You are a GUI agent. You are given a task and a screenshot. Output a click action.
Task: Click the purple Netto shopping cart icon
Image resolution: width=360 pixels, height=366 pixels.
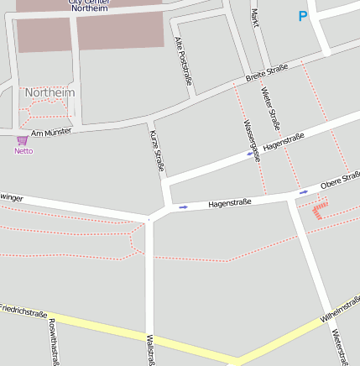(x=22, y=140)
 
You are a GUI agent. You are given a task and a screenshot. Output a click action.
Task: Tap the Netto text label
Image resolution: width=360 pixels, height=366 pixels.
(x=23, y=151)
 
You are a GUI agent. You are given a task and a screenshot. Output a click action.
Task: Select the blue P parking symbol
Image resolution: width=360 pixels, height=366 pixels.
(x=302, y=16)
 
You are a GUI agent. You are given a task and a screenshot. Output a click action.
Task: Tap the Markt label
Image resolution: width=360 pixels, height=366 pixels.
(x=254, y=18)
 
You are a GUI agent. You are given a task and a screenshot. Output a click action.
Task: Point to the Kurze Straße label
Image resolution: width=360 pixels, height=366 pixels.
(x=157, y=151)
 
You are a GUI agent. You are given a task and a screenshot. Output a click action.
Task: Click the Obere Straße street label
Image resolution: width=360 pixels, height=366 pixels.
(x=340, y=180)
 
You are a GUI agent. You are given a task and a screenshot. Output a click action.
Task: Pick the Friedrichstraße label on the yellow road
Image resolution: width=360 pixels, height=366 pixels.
(x=23, y=311)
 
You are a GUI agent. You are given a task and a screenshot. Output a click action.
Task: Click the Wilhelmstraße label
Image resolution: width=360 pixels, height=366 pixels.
(x=339, y=308)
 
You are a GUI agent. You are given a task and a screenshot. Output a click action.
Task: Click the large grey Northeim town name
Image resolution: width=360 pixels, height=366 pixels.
(x=50, y=92)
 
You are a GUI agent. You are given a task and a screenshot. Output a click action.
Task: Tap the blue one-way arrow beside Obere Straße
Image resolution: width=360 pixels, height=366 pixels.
(x=304, y=192)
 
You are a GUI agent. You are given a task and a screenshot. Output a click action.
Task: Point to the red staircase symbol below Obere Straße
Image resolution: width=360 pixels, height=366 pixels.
(x=318, y=208)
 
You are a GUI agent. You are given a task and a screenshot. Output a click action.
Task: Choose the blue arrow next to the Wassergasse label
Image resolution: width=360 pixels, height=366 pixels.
(x=249, y=154)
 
